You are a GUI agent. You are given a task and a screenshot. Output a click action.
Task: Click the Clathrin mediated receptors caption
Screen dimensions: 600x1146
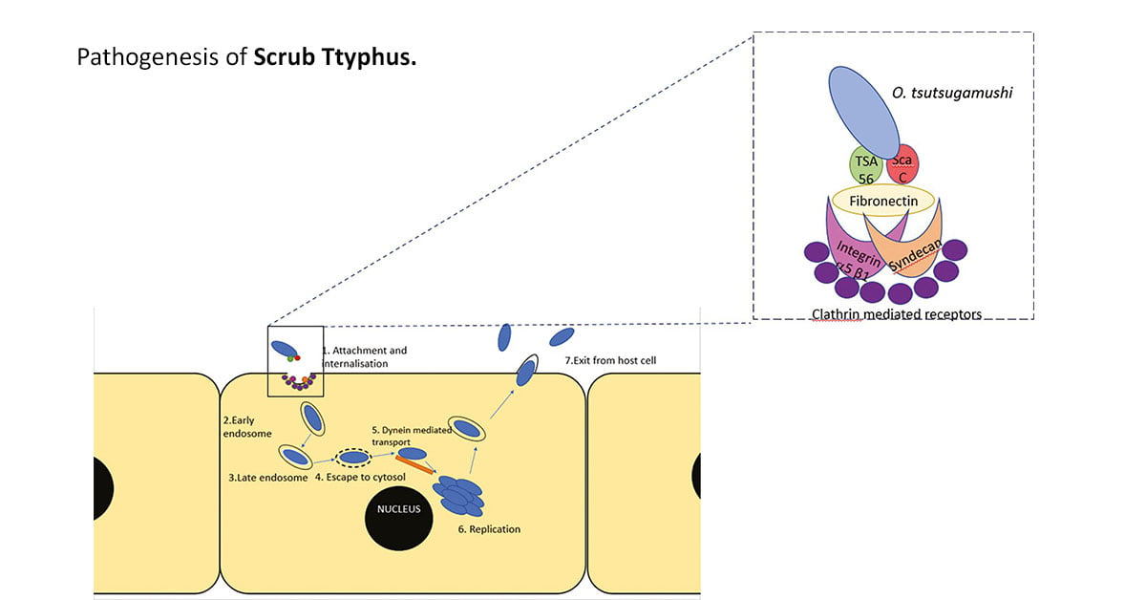(896, 313)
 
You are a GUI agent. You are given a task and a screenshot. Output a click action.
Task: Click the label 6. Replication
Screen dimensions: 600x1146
(489, 528)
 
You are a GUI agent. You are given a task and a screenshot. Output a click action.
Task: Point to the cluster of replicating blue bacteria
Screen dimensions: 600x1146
(459, 495)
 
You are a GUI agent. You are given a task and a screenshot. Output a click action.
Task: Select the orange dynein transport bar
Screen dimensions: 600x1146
(414, 462)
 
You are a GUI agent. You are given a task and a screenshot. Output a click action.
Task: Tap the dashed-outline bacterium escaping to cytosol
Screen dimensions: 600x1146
(354, 457)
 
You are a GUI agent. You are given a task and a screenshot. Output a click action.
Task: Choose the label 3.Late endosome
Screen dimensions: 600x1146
(268, 477)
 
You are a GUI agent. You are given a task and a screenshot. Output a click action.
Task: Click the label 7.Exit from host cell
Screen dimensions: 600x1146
(609, 360)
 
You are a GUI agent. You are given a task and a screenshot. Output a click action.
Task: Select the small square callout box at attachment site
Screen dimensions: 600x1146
(295, 360)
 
